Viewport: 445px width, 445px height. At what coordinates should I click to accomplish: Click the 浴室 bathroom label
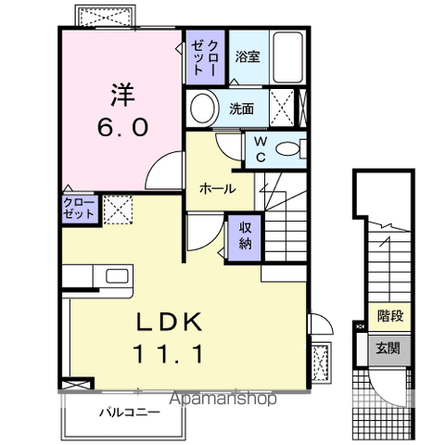(x=247, y=57)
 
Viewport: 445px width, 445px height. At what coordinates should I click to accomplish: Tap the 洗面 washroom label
(x=243, y=108)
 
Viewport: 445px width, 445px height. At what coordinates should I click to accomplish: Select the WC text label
(x=259, y=148)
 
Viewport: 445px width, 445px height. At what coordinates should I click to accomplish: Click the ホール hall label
(x=216, y=188)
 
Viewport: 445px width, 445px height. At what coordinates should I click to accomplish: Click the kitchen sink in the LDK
(x=118, y=275)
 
